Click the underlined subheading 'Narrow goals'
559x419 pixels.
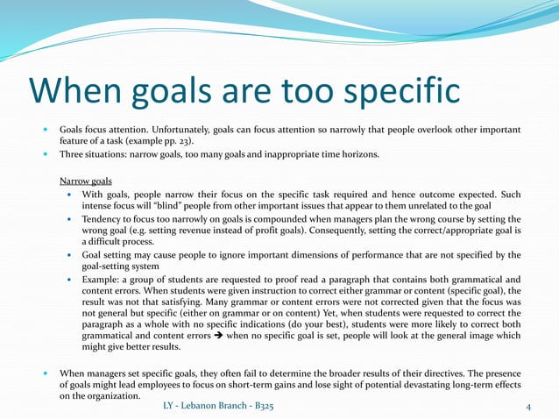[x=85, y=180]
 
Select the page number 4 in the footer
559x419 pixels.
[x=528, y=407]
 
